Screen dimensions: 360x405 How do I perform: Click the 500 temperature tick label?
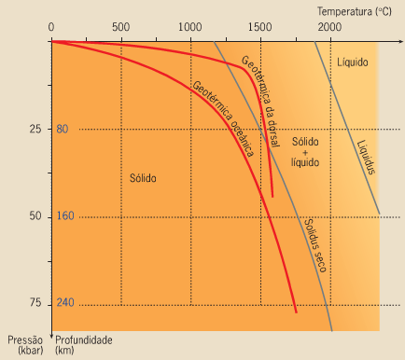point(120,27)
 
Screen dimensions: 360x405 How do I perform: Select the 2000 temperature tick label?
point(329,27)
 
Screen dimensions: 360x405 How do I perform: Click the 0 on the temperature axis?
point(52,27)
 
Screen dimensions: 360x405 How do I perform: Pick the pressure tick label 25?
point(35,129)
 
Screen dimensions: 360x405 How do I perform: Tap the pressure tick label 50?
point(35,216)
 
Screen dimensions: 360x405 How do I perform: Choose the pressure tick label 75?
point(35,304)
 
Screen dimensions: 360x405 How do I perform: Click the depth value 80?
point(62,129)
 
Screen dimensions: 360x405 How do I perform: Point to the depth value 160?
point(64,216)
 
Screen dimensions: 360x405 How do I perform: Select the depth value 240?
point(64,304)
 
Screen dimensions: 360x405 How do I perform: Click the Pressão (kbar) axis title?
point(24,346)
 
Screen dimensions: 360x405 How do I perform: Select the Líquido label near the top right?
point(352,62)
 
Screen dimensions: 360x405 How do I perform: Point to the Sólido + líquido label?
point(304,151)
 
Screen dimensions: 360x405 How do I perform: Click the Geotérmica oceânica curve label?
point(224,121)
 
